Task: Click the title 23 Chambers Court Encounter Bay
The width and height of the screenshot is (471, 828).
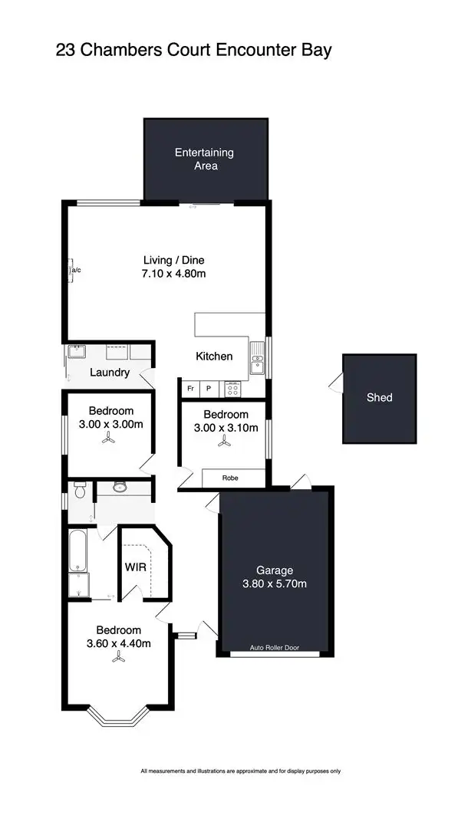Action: click(x=193, y=51)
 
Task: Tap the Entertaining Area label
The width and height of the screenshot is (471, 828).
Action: click(x=204, y=159)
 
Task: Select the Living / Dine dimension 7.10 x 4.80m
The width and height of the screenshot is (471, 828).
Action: click(x=175, y=274)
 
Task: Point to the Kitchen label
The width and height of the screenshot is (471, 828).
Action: click(x=214, y=356)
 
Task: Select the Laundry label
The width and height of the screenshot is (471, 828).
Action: click(x=110, y=373)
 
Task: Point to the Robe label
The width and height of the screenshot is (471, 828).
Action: click(x=230, y=478)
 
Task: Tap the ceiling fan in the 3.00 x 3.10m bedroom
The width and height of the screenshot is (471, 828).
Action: click(x=223, y=441)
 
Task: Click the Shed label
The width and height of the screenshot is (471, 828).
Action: click(x=379, y=397)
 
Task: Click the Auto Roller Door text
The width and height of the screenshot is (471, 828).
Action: click(x=275, y=649)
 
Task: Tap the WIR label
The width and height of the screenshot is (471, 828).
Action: click(x=135, y=568)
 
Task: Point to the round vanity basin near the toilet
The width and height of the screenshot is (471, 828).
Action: click(x=120, y=486)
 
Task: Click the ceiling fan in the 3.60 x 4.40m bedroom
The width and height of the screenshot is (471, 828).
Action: click(x=118, y=656)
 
